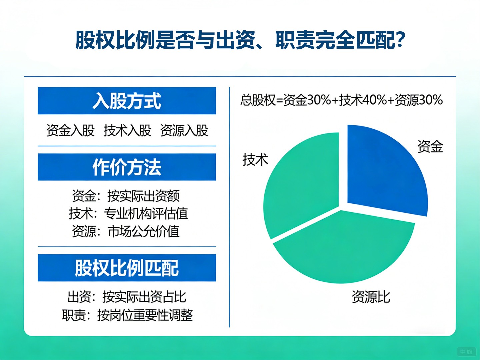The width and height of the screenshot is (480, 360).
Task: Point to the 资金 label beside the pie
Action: pyautogui.click(x=430, y=146)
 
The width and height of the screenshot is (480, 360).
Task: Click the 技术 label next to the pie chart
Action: pyautogui.click(x=255, y=160)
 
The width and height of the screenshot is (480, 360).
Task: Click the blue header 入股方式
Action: pyautogui.click(x=127, y=101)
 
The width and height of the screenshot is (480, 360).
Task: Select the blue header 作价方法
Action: pyautogui.click(x=127, y=167)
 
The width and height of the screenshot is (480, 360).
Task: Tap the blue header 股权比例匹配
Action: pyautogui.click(x=127, y=268)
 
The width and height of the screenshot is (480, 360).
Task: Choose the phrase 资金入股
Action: pyautogui.click(x=70, y=130)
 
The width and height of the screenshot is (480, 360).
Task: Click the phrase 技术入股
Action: pyautogui.click(x=127, y=130)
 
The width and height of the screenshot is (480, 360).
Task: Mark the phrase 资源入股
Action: pyautogui.click(x=184, y=130)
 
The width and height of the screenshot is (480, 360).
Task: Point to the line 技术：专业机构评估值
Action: pyautogui.click(x=128, y=214)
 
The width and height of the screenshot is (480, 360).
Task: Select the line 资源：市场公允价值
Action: pyautogui.click(x=126, y=231)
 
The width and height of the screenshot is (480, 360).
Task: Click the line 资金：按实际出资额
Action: pyautogui.click(x=126, y=196)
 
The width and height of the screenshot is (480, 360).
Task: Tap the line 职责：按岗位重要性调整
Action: pyautogui.click(x=127, y=315)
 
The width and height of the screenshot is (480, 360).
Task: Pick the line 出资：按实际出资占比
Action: pyautogui.click(x=127, y=297)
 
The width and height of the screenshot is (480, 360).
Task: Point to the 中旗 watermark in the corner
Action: pyautogui.click(x=466, y=351)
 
